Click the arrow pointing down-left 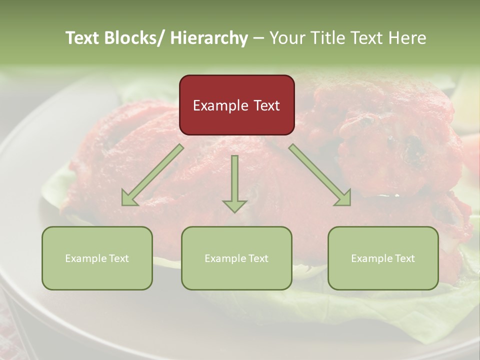click(x=152, y=175)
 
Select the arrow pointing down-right click(x=320, y=175)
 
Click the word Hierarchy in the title click(x=208, y=38)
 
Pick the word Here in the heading click(x=408, y=38)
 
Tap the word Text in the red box click(x=266, y=106)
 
